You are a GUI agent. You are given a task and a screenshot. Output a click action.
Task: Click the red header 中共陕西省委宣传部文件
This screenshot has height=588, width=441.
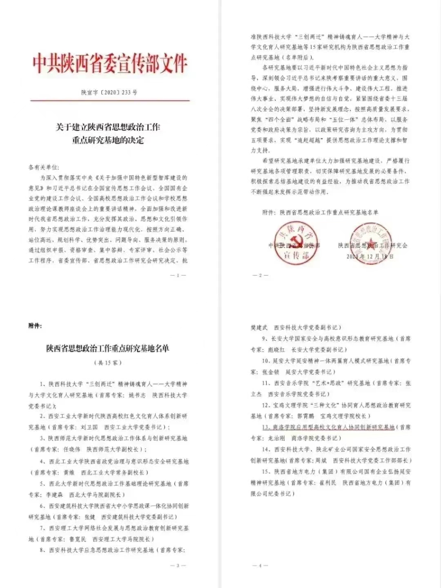click(x=110, y=64)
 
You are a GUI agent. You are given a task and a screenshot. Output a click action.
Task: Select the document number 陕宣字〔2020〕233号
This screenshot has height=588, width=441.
click(x=109, y=92)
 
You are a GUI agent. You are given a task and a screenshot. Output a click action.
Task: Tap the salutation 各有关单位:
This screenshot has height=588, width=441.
click(x=44, y=167)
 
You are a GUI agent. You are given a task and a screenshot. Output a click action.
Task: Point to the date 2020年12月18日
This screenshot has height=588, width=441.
click(x=370, y=256)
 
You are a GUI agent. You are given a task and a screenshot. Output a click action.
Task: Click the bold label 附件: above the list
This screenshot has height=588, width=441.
click(x=35, y=326)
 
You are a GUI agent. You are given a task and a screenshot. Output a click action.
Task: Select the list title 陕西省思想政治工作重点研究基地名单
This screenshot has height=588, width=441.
click(x=107, y=348)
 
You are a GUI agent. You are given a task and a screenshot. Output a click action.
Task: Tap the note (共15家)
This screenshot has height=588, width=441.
click(x=108, y=363)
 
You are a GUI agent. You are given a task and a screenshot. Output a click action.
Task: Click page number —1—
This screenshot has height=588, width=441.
click(x=178, y=275)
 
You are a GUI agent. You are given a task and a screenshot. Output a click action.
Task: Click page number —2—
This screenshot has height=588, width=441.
click(x=260, y=275)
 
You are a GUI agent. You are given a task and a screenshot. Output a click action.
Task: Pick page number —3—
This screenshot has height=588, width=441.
click(x=178, y=566)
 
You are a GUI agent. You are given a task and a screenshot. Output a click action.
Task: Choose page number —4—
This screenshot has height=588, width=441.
click(x=260, y=566)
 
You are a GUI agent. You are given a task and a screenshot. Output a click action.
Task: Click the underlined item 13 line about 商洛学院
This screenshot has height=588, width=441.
click(x=328, y=427)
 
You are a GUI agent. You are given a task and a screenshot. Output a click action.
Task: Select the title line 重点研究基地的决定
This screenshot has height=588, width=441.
click(x=108, y=140)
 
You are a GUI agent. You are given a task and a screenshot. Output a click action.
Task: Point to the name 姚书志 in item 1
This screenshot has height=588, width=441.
click(x=137, y=395)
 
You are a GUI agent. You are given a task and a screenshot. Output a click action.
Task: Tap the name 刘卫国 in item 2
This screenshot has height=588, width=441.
click(x=89, y=427)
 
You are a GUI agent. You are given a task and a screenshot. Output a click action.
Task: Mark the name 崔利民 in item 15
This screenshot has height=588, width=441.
click(x=328, y=483)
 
